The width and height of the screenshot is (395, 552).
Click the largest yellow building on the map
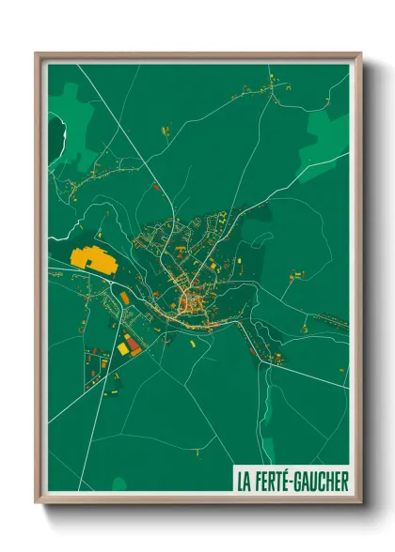tap(91, 258)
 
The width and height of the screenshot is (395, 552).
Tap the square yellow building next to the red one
tap(123, 348)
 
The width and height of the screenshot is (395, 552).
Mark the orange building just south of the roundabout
tap(124, 298)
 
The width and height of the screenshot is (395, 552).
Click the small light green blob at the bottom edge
tap(119, 484)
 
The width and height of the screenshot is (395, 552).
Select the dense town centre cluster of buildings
tap(190, 300)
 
